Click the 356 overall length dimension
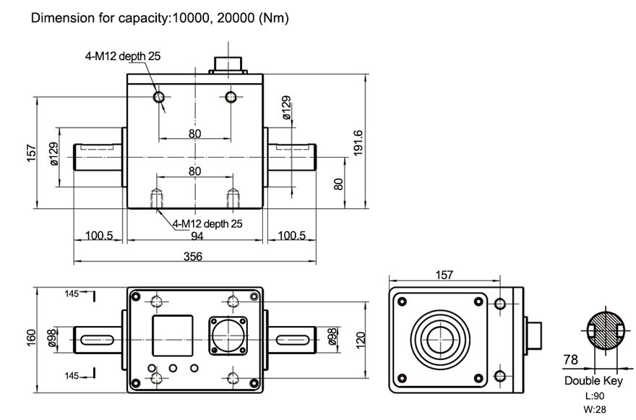[192, 256]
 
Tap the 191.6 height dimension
[358, 141]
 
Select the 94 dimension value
[197, 236]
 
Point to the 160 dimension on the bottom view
[30, 338]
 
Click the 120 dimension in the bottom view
[362, 338]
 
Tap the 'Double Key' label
[593, 381]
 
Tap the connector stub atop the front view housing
[229, 64]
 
